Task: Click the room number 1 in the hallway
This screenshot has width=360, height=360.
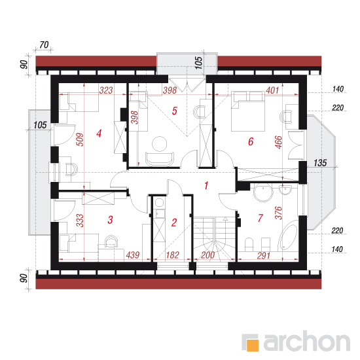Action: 206,185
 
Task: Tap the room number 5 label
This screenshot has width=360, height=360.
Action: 175,111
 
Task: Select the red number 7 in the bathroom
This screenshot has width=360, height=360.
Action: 261,218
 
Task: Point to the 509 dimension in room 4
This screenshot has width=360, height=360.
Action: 80,139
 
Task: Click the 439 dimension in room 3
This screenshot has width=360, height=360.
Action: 133,255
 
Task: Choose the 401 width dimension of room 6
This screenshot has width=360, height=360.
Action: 272,90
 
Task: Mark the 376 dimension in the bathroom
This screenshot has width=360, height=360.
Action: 278,213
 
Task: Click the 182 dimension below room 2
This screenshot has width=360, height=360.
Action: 172,255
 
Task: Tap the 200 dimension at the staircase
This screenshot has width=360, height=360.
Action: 207,255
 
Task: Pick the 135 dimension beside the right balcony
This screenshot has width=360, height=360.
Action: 320,163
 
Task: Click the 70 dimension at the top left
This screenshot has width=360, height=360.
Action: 44,45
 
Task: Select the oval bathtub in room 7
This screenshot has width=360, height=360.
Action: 289,237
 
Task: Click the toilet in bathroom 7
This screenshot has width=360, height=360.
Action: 249,245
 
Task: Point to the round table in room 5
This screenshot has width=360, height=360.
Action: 159,144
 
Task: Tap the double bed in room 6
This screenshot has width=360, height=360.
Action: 247,111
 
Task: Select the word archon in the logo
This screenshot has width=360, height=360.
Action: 307,341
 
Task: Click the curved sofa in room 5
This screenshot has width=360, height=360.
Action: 160,159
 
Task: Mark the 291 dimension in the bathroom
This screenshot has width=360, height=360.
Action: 264,255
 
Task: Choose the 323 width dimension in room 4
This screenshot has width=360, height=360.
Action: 106,90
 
